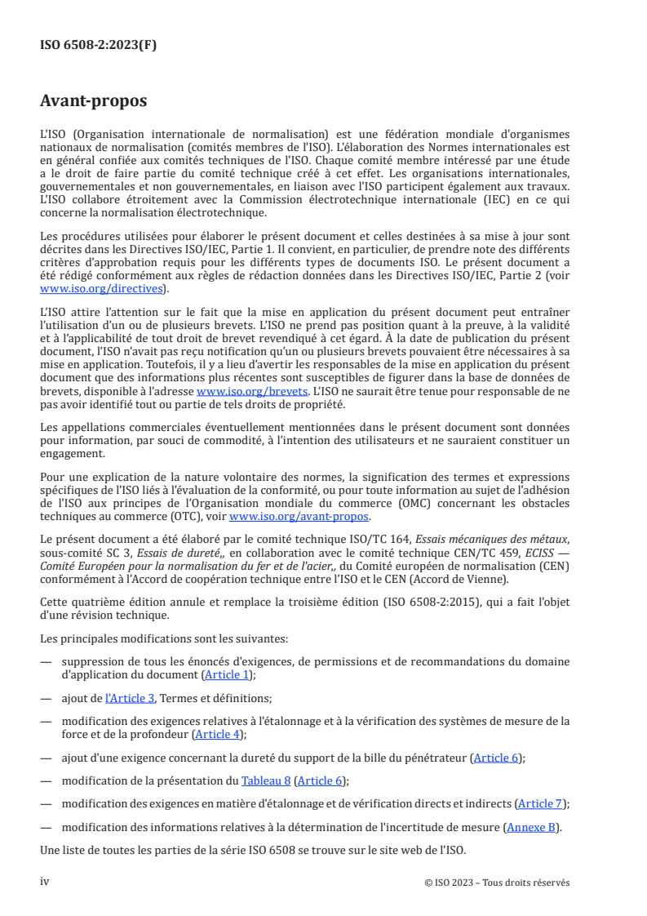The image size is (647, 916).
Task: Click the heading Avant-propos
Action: (x=94, y=102)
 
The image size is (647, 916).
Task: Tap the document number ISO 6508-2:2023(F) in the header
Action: (x=98, y=46)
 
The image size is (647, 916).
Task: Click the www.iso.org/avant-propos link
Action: (x=299, y=516)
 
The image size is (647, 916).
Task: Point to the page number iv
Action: (x=45, y=882)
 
